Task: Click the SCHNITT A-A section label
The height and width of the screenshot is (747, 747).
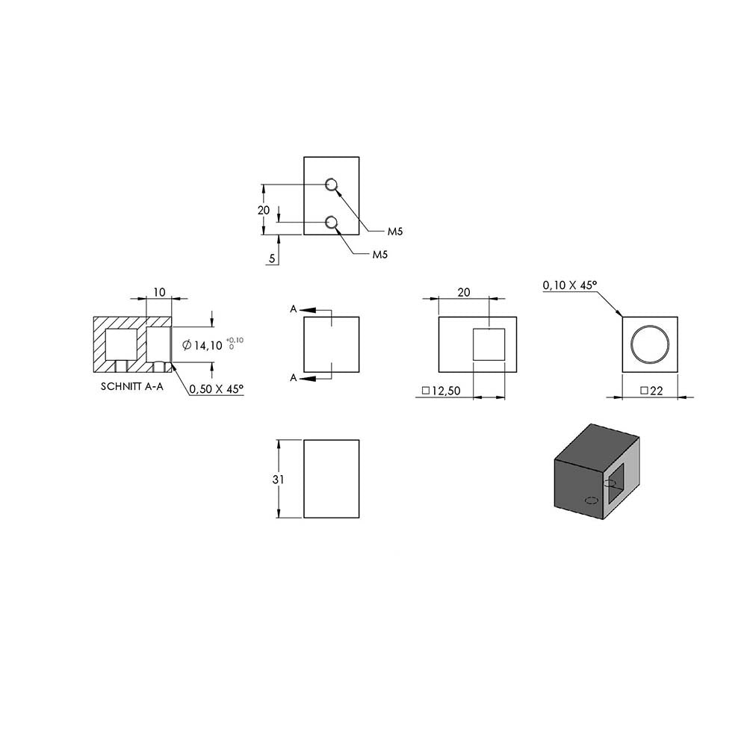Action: (132, 386)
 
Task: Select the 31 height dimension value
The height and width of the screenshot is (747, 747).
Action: (278, 480)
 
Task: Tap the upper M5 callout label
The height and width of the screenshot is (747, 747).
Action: (395, 232)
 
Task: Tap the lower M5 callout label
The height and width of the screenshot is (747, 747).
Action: (380, 255)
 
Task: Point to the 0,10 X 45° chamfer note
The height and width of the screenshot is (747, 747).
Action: (569, 285)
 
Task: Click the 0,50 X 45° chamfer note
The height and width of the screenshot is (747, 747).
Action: (217, 389)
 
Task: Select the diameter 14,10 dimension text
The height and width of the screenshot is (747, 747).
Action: (202, 345)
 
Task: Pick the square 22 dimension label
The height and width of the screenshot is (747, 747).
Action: (651, 391)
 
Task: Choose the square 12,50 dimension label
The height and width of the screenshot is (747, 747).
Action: (441, 391)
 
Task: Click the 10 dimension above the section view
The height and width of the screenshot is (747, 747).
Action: (160, 292)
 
